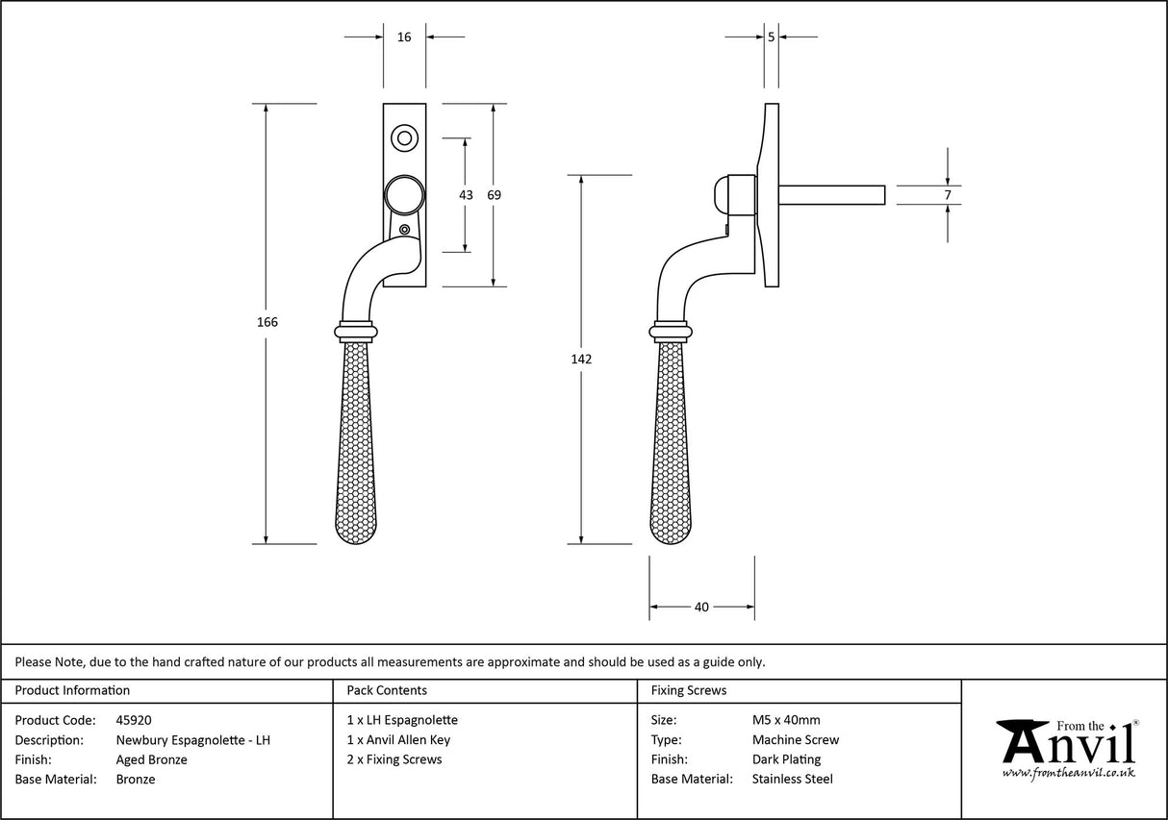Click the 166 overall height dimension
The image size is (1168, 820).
(x=267, y=323)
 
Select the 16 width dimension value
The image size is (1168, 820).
(x=404, y=37)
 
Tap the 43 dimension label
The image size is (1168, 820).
(x=466, y=195)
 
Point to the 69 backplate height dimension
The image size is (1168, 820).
(x=494, y=195)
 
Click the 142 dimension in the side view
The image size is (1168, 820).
(x=581, y=360)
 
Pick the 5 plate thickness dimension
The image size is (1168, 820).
(x=772, y=37)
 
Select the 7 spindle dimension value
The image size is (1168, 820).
(x=948, y=195)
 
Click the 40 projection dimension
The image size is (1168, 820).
(x=701, y=607)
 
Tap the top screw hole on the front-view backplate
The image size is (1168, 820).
(x=404, y=137)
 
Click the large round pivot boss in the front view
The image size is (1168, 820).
(x=404, y=195)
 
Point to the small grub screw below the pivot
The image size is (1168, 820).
(x=405, y=230)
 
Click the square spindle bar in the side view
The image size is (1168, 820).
(x=832, y=195)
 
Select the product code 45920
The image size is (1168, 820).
(x=134, y=720)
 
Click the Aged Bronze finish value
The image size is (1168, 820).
(x=151, y=759)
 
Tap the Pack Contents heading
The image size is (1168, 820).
(x=387, y=690)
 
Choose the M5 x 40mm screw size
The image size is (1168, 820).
(x=786, y=720)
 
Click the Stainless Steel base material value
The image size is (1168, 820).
(x=793, y=780)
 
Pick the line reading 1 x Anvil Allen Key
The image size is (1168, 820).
(x=398, y=740)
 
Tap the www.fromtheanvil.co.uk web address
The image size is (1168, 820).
(x=1068, y=772)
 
